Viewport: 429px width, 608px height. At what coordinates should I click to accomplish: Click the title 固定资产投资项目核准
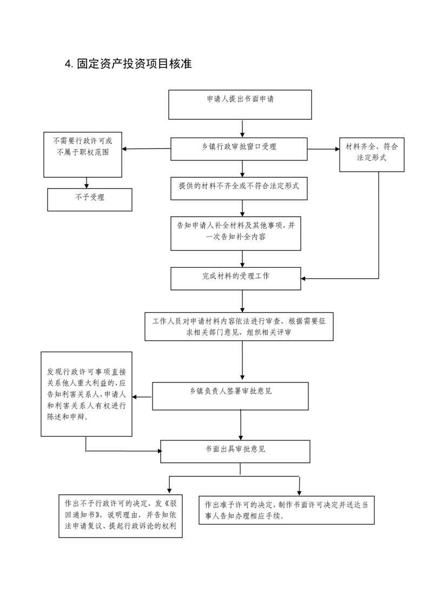pyautogui.click(x=134, y=63)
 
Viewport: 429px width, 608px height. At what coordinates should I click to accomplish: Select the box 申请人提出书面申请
pyautogui.click(x=240, y=105)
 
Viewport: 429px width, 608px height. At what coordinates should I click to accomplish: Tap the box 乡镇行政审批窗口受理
pyautogui.click(x=239, y=149)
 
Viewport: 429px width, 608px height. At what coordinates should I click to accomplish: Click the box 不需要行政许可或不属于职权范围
pyautogui.click(x=83, y=155)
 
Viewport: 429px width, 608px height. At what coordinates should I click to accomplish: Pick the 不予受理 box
pyautogui.click(x=90, y=200)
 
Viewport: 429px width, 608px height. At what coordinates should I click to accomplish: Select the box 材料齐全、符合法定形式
pyautogui.click(x=372, y=155)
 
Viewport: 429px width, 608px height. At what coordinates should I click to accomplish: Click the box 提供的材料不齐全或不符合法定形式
pyautogui.click(x=239, y=189)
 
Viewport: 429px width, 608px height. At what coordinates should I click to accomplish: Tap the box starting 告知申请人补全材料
pyautogui.click(x=236, y=234)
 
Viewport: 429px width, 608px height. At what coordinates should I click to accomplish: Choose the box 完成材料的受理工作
pyautogui.click(x=236, y=279)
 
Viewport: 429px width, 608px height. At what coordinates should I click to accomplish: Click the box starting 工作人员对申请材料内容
pyautogui.click(x=239, y=327)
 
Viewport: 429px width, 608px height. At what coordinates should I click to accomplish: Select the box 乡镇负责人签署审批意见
pyautogui.click(x=230, y=396)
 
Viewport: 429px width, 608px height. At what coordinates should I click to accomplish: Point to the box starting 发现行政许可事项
pyautogui.click(x=87, y=394)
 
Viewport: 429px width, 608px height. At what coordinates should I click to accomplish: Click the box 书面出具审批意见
pyautogui.click(x=235, y=451)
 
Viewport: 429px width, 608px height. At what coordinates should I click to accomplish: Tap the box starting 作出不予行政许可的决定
pyautogui.click(x=121, y=516)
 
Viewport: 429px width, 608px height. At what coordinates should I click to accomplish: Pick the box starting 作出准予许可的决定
pyautogui.click(x=287, y=510)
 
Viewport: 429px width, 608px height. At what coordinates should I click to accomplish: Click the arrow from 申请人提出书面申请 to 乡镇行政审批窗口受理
pyautogui.click(x=242, y=129)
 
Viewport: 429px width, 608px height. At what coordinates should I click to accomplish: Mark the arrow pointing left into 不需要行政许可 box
pyautogui.click(x=147, y=148)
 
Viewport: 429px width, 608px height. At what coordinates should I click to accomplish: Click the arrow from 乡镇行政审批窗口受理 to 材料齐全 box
pyautogui.click(x=324, y=149)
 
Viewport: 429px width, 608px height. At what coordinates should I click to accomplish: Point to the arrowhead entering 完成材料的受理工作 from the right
pyautogui.click(x=303, y=279)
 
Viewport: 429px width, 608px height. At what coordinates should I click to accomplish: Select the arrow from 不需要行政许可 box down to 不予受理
pyautogui.click(x=87, y=183)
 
